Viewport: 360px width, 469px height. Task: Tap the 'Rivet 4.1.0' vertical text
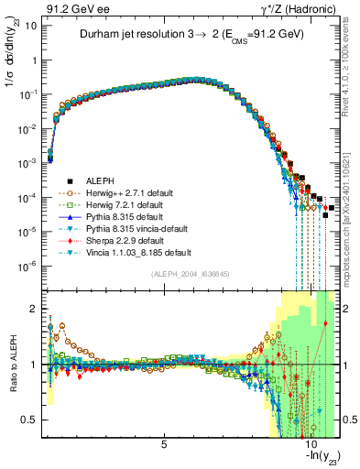351,69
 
